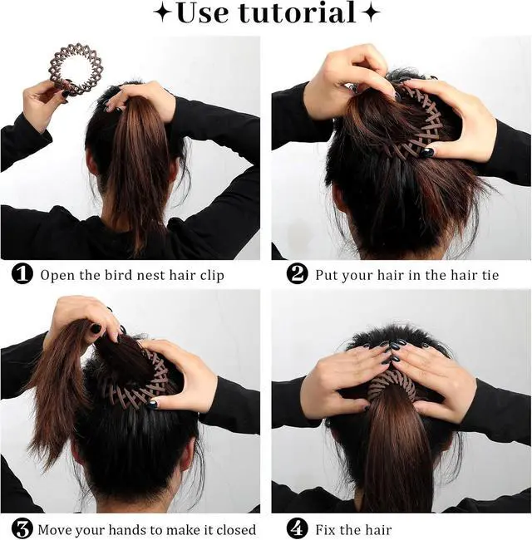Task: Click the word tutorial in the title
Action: click(298, 12)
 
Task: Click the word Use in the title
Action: click(203, 13)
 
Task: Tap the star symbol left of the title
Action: click(163, 13)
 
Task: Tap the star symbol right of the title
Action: click(371, 13)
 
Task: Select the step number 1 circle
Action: click(22, 274)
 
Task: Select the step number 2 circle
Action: click(297, 274)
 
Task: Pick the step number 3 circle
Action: click(22, 528)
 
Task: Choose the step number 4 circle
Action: click(297, 528)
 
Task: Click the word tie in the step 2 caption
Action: click(490, 275)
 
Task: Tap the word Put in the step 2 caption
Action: click(327, 275)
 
